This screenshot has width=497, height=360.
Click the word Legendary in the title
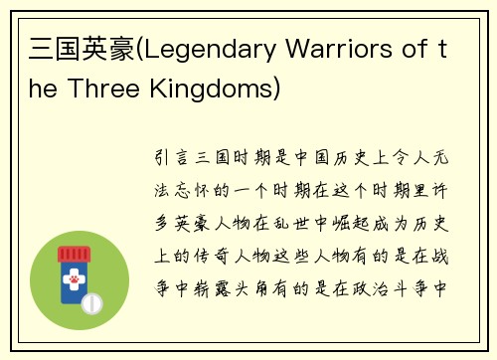tap(206, 49)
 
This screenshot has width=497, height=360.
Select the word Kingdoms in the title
tap(210, 89)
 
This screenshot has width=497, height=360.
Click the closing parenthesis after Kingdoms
tap(276, 89)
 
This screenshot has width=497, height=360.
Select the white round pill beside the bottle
tap(93, 299)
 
